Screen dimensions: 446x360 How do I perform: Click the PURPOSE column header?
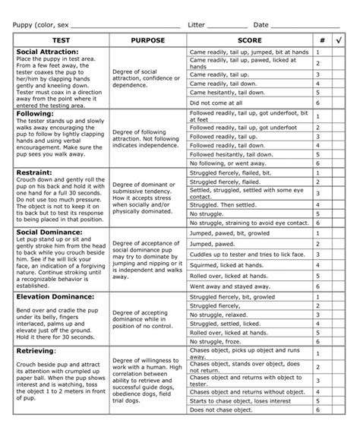tap(148, 40)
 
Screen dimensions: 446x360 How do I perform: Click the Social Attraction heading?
tap(46, 52)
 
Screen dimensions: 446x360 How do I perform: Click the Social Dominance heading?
tap(49, 231)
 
